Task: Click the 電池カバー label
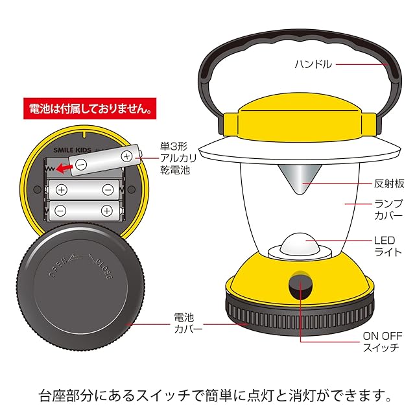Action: [x=189, y=324]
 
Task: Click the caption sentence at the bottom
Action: [x=207, y=394]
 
